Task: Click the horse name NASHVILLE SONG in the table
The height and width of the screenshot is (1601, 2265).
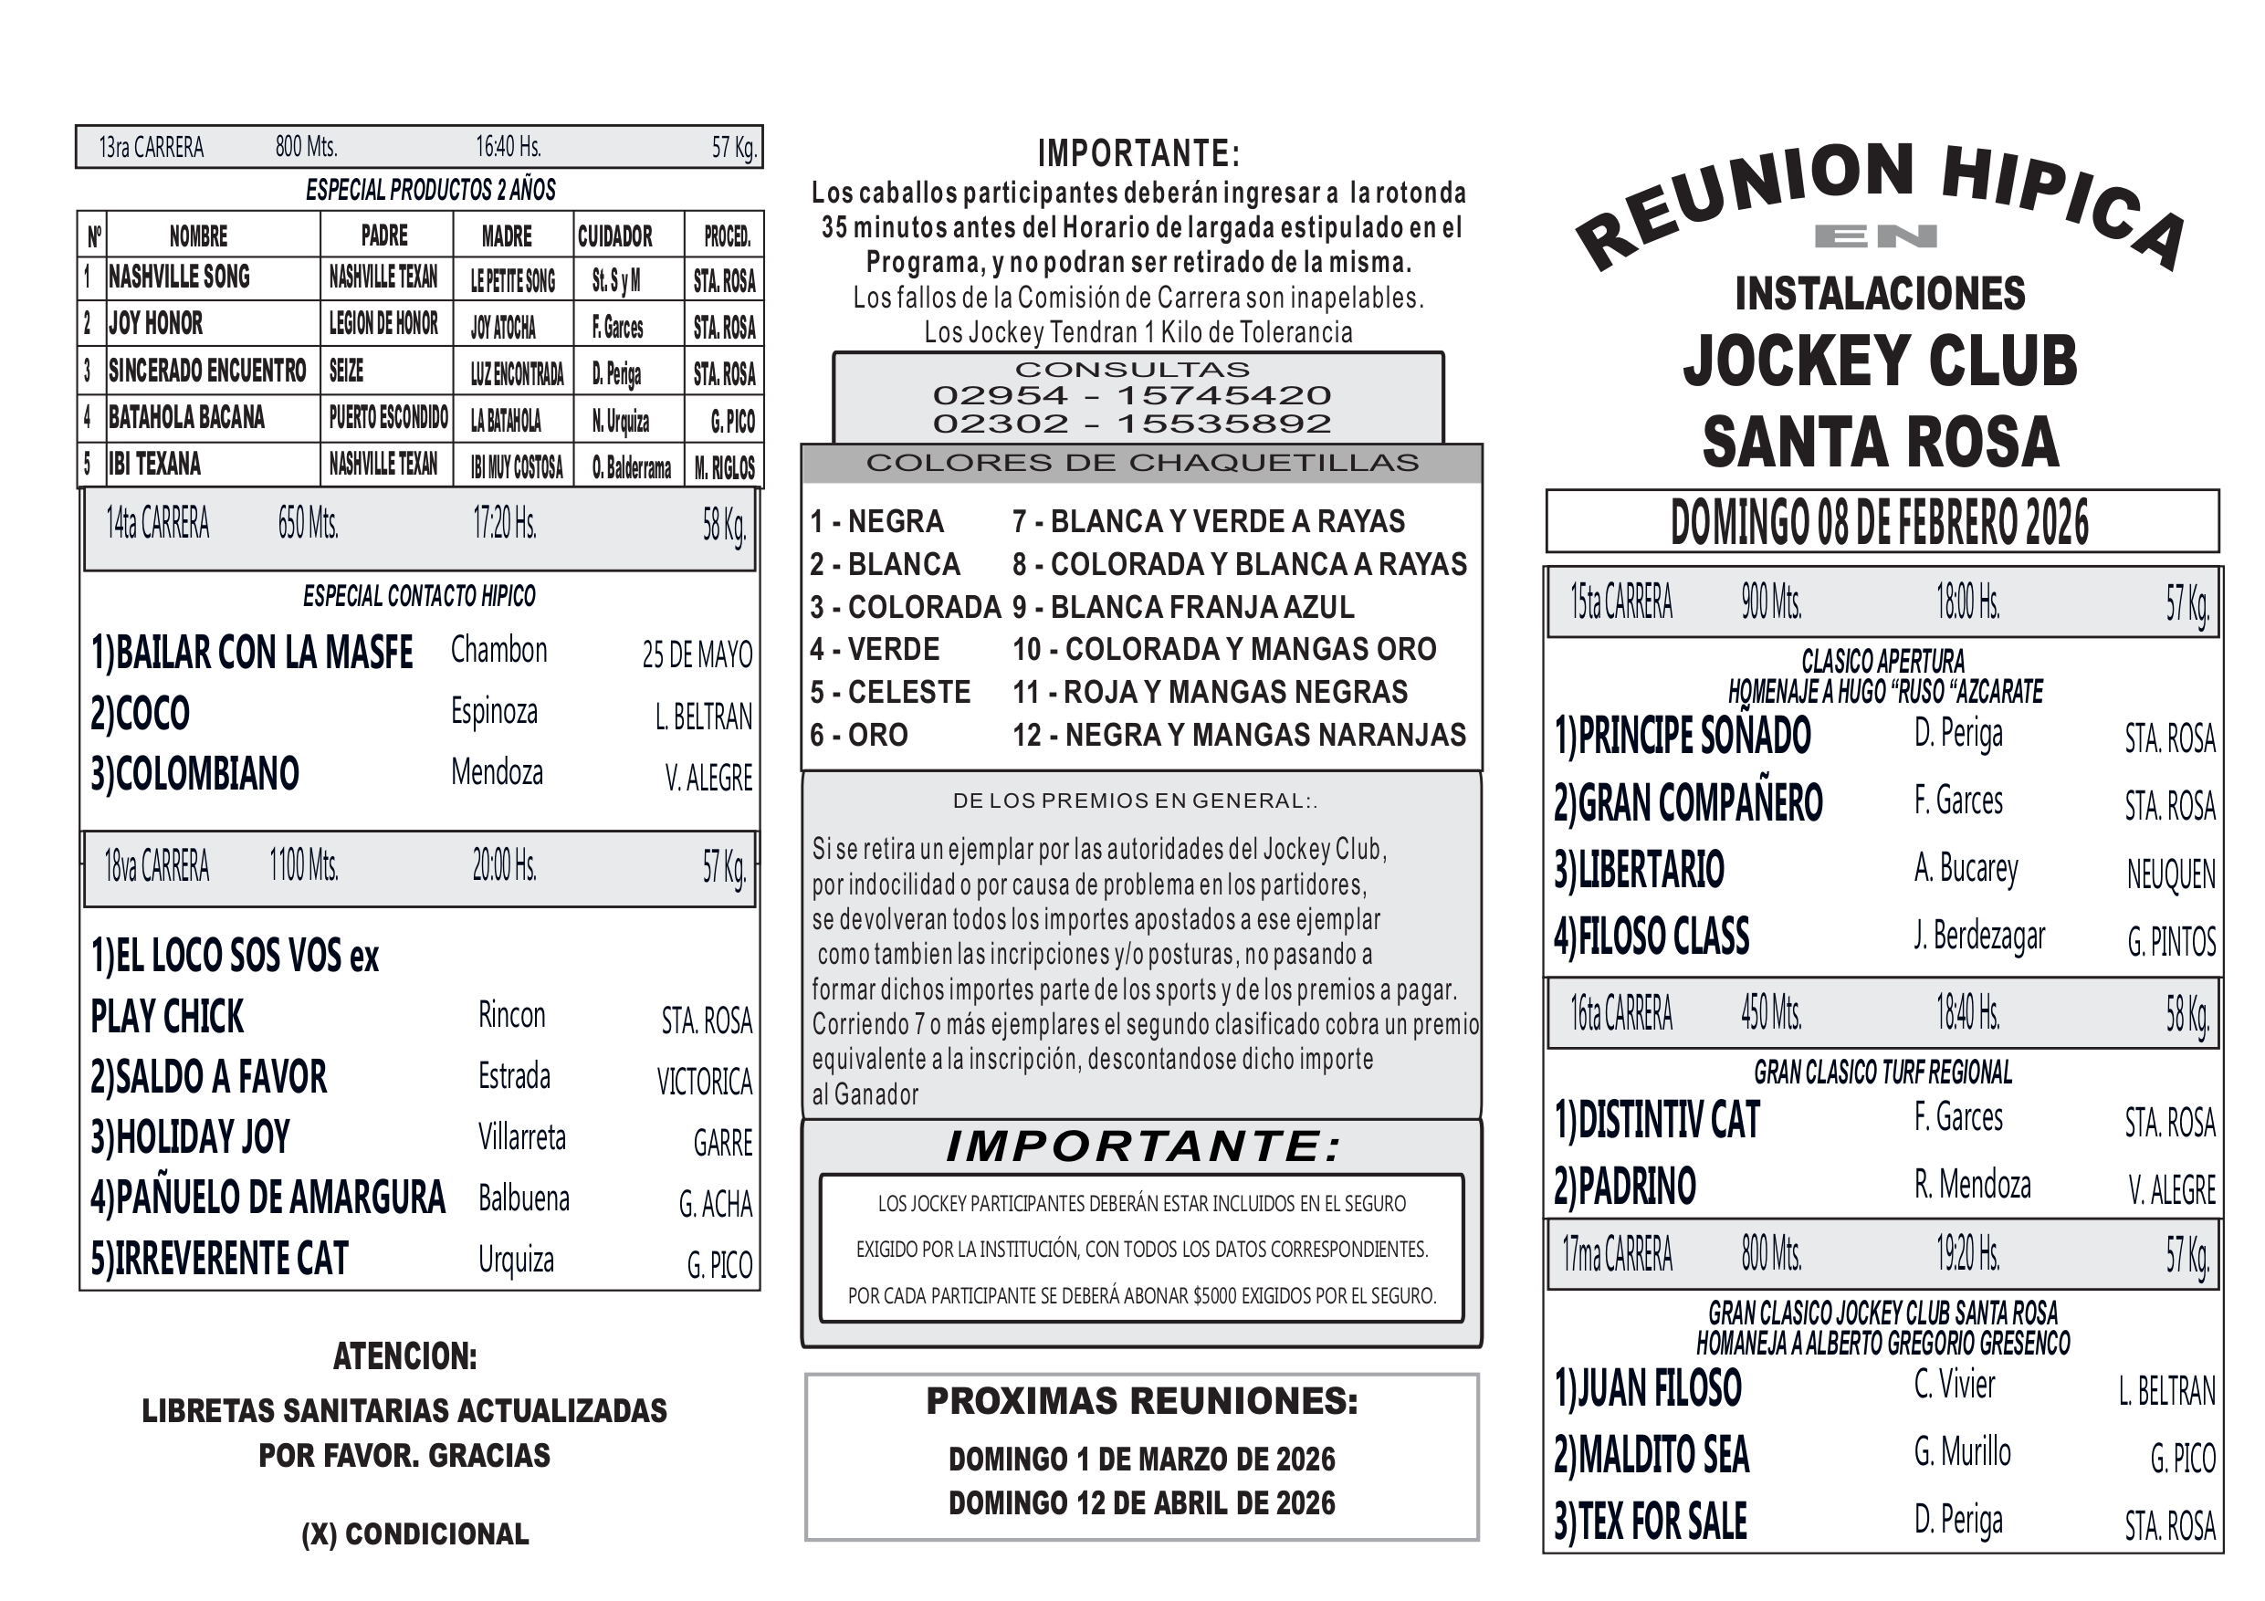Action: pos(179,278)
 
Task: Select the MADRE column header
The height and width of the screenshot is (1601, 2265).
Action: pos(506,236)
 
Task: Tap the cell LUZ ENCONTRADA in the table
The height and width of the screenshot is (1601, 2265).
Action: pos(516,373)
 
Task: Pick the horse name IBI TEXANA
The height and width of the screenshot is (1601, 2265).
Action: pos(155,465)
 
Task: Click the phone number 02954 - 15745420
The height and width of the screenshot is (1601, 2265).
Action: pos(1131,395)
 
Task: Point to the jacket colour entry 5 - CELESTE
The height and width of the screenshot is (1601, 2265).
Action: pos(890,693)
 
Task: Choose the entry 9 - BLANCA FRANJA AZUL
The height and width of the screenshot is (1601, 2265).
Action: pos(1183,608)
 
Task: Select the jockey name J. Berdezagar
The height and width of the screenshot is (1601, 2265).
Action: pos(1979,936)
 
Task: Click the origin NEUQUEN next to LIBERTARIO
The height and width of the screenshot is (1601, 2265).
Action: pos(2170,875)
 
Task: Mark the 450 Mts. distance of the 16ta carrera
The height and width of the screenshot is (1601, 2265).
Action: pos(1771,1013)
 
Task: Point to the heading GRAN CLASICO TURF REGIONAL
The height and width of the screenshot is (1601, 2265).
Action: pos(1882,1073)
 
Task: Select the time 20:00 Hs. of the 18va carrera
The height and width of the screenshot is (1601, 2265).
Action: pos(504,866)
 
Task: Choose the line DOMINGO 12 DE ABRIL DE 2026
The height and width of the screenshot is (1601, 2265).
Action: pos(1141,1503)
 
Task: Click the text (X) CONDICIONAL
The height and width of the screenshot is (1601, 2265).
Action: pos(415,1535)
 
